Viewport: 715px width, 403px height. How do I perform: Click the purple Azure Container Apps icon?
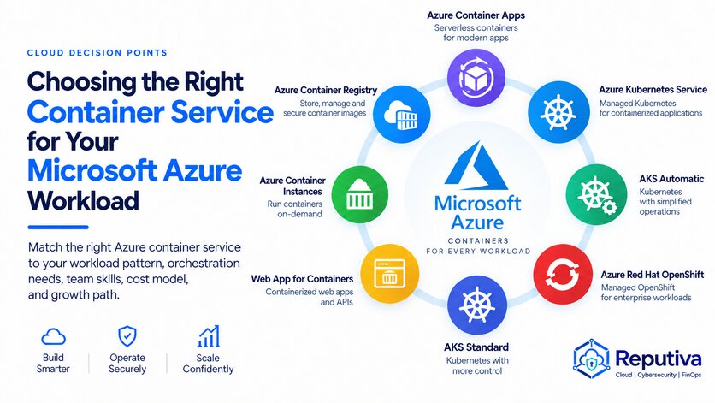tap(476, 78)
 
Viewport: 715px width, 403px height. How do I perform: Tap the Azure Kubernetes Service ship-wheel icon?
tap(558, 112)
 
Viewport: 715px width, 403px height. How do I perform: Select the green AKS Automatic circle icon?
tap(596, 194)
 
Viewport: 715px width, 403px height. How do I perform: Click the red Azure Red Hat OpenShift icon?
tap(563, 274)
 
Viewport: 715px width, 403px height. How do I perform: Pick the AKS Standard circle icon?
tap(477, 305)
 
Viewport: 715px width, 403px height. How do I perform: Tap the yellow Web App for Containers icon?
tap(389, 274)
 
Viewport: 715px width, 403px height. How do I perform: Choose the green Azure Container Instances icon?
tap(360, 195)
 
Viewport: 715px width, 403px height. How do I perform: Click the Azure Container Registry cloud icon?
tap(402, 114)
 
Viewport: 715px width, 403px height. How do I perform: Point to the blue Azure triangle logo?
tap(476, 166)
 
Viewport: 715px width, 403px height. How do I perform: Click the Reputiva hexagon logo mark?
tap(592, 359)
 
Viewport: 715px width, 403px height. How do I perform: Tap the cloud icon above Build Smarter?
tap(53, 337)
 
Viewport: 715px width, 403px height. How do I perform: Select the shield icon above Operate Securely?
tap(127, 336)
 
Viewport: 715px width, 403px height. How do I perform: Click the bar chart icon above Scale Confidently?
tap(209, 336)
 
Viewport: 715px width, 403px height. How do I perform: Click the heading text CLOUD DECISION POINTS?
tap(97, 53)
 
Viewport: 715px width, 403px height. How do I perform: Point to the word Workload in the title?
tap(83, 200)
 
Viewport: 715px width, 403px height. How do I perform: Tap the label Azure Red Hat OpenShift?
tap(653, 275)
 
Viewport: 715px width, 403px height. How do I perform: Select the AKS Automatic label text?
tap(671, 179)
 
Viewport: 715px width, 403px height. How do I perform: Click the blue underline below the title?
tap(58, 228)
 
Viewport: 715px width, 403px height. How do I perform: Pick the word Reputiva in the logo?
tap(659, 359)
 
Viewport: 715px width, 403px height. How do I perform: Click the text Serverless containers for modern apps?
tap(476, 33)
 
